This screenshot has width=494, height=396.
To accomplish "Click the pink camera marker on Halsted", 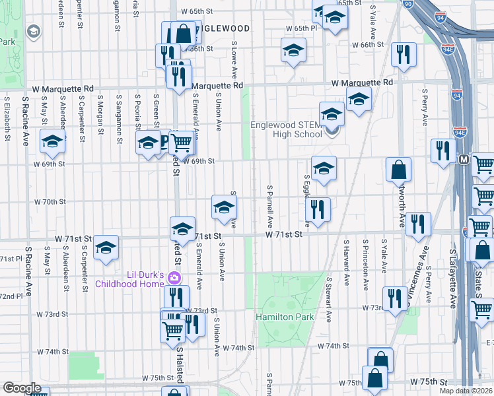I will point(175,278).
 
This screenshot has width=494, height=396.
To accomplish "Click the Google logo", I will point(22,388).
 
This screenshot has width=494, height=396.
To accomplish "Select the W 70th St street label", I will point(50,202).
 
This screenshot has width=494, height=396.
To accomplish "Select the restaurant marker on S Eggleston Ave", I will point(318,209).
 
